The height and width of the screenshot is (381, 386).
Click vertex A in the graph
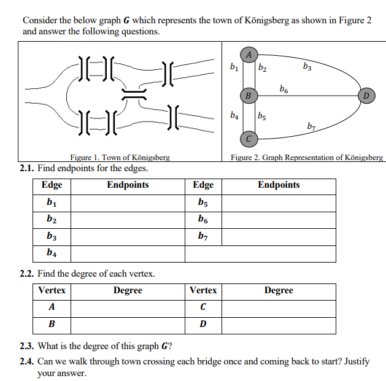[249, 53]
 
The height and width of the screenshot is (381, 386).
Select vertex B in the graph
[248, 96]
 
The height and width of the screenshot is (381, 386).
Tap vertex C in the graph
[248, 137]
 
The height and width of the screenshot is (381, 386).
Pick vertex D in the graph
[366, 96]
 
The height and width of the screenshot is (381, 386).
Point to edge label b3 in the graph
[307, 65]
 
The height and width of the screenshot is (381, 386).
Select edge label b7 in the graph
[312, 126]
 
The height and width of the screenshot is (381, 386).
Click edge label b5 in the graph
[262, 115]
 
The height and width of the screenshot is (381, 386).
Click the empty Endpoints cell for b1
[128, 202]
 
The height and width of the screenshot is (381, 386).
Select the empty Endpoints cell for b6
[279, 218]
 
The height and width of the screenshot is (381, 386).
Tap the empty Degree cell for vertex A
[128, 307]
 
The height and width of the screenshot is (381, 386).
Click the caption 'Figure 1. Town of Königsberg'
[120, 158]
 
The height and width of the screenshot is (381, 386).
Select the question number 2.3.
[28, 345]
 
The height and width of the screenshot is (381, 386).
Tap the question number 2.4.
[28, 361]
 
